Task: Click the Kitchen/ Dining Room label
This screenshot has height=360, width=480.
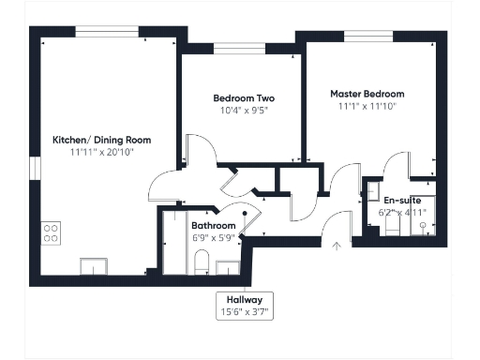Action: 101,140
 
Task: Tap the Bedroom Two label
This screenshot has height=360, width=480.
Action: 243,97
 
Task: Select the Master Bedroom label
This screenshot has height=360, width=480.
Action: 367,94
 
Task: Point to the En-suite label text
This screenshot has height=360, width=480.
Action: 402,201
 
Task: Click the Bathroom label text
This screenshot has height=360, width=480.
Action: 213,226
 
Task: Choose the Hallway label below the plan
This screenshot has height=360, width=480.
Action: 245,299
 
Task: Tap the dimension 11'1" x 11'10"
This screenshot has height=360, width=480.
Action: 367,106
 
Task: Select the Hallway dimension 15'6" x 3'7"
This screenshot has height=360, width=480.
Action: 245,310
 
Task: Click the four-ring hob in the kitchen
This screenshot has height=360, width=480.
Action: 52,233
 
